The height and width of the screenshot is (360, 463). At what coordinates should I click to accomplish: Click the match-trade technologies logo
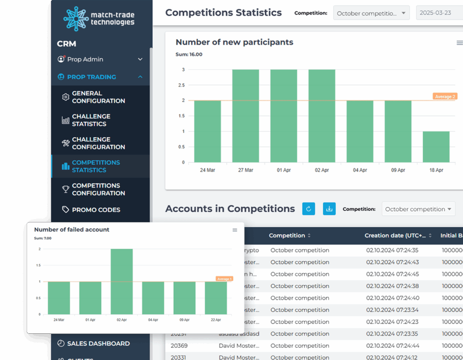(99, 19)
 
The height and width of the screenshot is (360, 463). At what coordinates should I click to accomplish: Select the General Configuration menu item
(98, 97)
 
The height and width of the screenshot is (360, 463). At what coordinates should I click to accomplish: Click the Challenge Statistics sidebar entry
(91, 120)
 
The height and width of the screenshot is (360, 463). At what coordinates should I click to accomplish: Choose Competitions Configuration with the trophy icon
(98, 189)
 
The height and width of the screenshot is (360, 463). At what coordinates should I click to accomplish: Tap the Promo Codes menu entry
(96, 210)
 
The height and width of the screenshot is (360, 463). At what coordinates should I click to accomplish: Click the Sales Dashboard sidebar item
(98, 343)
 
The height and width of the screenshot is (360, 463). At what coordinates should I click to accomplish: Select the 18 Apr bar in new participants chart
(436, 147)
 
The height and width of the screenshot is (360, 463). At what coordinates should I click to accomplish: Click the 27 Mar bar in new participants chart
(246, 116)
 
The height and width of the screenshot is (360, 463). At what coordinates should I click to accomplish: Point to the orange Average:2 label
(444, 96)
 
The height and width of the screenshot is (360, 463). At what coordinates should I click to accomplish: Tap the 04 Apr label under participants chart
(360, 170)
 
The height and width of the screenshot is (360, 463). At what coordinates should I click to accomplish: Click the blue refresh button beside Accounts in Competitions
(308, 209)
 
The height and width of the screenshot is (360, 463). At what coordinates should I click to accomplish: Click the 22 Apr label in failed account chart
(216, 320)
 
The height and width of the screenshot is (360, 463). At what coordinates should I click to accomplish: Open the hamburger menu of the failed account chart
(235, 230)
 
